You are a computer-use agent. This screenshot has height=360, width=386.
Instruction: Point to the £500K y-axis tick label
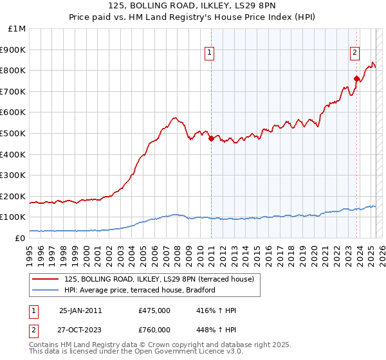point(14,133)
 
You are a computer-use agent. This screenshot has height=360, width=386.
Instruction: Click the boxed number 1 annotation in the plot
point(210,53)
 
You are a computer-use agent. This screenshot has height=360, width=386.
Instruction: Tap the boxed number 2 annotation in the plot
point(354,53)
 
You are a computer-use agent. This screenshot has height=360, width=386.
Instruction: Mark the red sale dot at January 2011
point(210,138)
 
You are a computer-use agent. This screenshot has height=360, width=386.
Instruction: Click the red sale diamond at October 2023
point(356,78)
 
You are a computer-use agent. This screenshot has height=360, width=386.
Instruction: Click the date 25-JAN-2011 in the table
point(80,310)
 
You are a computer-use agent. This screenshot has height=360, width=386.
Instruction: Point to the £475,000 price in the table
point(154,310)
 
